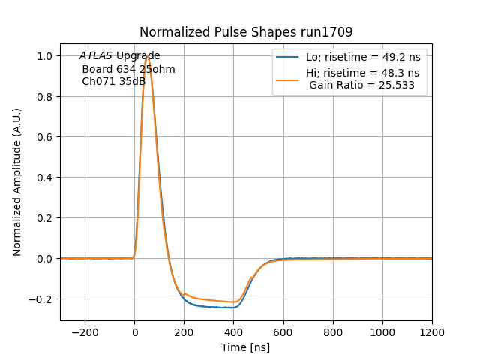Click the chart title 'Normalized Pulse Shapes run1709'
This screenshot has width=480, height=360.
[x=246, y=32]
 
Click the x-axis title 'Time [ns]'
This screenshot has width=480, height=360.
[x=245, y=347]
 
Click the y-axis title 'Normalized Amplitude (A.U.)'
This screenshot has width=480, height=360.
[x=17, y=182]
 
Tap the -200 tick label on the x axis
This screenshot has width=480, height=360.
[x=85, y=332]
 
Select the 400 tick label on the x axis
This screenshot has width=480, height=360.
[x=233, y=332]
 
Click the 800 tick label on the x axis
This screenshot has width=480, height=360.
[x=333, y=332]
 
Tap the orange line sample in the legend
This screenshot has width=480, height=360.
[x=287, y=73]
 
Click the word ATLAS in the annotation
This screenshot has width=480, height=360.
[x=96, y=56]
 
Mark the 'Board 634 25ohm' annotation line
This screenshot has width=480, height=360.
[x=128, y=69]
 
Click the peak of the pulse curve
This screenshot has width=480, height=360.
[x=148, y=57]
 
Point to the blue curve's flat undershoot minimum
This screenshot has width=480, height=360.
[x=217, y=307]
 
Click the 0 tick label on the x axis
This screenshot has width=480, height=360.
[x=134, y=332]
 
